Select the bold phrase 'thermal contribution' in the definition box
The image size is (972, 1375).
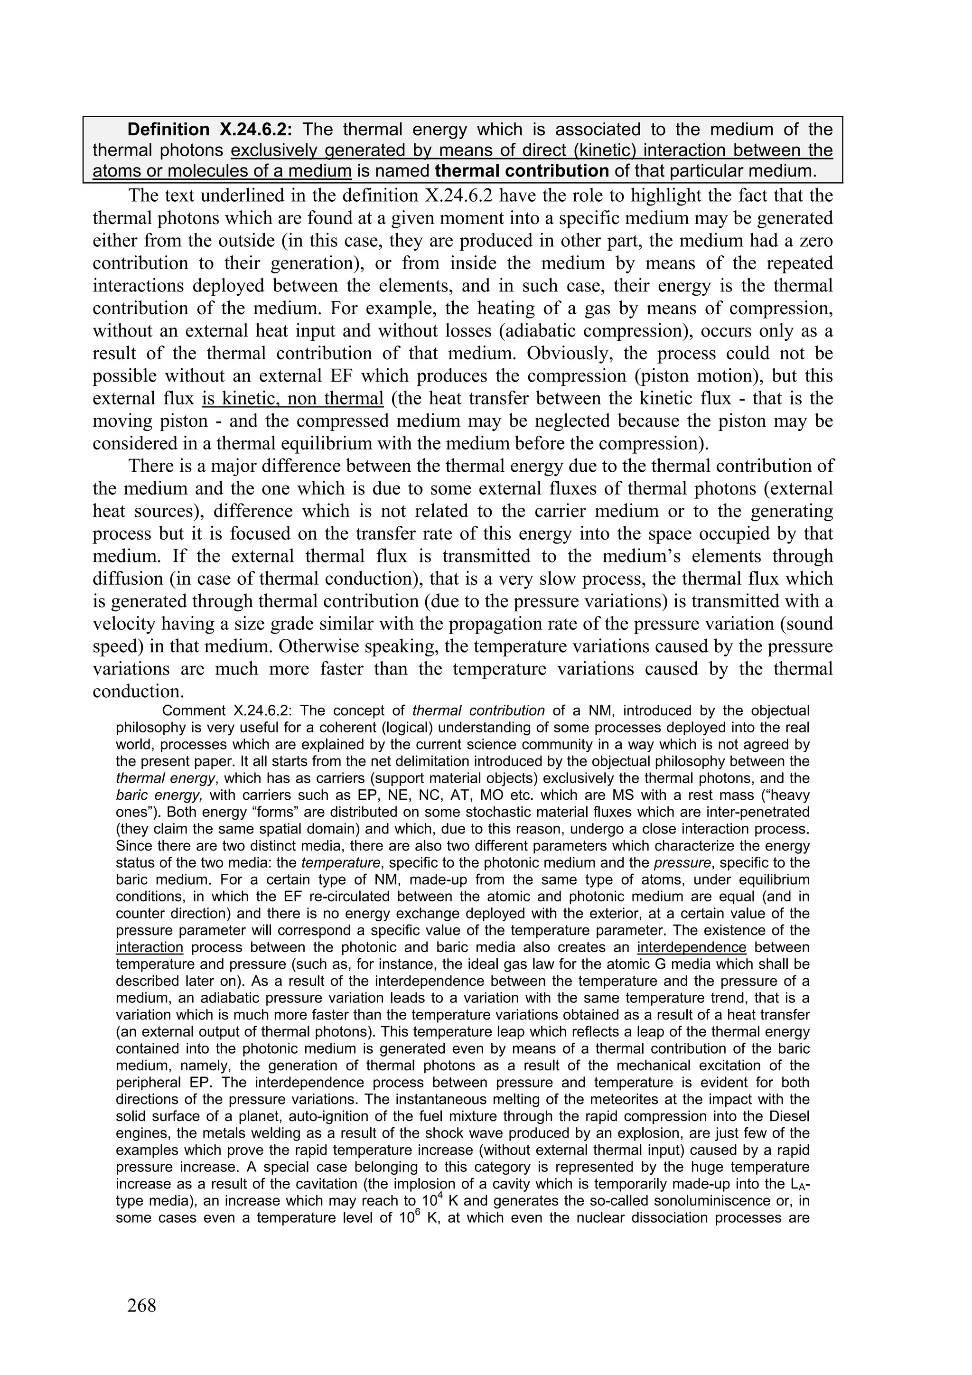pyautogui.click(x=522, y=171)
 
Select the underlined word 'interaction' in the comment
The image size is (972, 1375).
pyautogui.click(x=149, y=948)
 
